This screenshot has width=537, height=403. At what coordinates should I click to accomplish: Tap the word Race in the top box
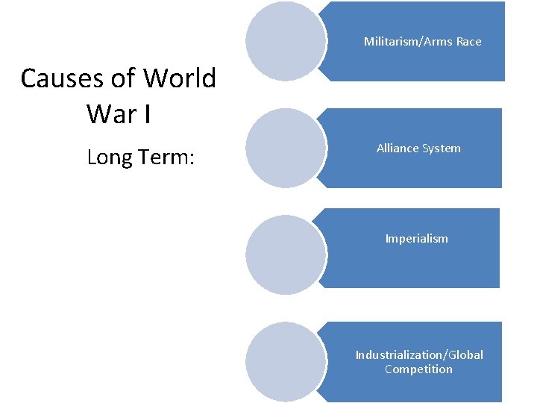click(x=468, y=42)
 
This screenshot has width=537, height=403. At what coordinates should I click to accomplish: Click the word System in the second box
click(x=442, y=149)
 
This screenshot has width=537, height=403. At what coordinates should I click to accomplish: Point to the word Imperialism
click(x=416, y=239)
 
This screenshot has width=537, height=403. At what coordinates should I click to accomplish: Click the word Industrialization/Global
click(x=419, y=355)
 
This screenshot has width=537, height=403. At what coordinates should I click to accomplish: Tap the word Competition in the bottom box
click(x=418, y=369)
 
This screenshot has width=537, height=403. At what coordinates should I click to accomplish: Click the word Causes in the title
click(x=57, y=78)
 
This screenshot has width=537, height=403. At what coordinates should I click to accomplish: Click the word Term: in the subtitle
click(x=168, y=157)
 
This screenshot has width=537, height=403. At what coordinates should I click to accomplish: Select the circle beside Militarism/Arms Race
click(x=286, y=41)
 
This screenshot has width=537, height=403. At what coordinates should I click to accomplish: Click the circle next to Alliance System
click(x=286, y=148)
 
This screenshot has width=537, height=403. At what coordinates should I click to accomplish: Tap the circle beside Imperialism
click(x=286, y=254)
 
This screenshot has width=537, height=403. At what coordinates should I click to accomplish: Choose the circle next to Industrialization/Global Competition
click(x=286, y=361)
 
